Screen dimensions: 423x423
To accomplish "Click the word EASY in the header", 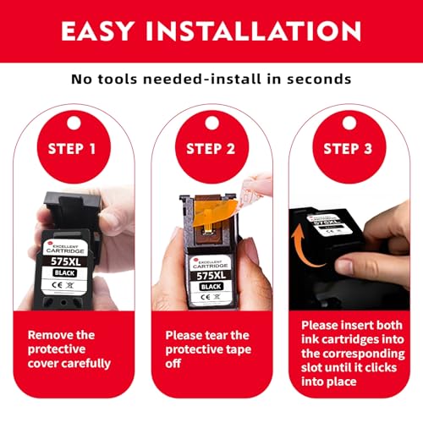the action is coord(97,31).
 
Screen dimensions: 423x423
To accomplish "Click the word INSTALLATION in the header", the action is coord(253,31).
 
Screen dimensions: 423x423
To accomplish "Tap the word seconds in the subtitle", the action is coord(319,79).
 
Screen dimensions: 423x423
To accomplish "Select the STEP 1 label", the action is coord(72,149).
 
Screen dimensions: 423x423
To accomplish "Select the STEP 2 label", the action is coord(211,149).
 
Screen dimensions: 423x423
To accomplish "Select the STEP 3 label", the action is coord(348,149).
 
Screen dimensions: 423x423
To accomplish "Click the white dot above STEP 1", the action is coord(74,123).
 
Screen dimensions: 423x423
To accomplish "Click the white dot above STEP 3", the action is coord(349,123).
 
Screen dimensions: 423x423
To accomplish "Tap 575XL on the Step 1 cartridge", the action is coord(66,261).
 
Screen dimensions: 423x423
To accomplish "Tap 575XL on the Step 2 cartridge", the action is coord(211,275).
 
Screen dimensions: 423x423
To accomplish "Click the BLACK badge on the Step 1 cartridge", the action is coord(64,273).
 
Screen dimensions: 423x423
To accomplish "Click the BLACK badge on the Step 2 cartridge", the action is coord(211,287).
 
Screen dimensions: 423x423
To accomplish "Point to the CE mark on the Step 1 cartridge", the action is coord(57,285).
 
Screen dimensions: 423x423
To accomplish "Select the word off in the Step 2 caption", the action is coord(173,364).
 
